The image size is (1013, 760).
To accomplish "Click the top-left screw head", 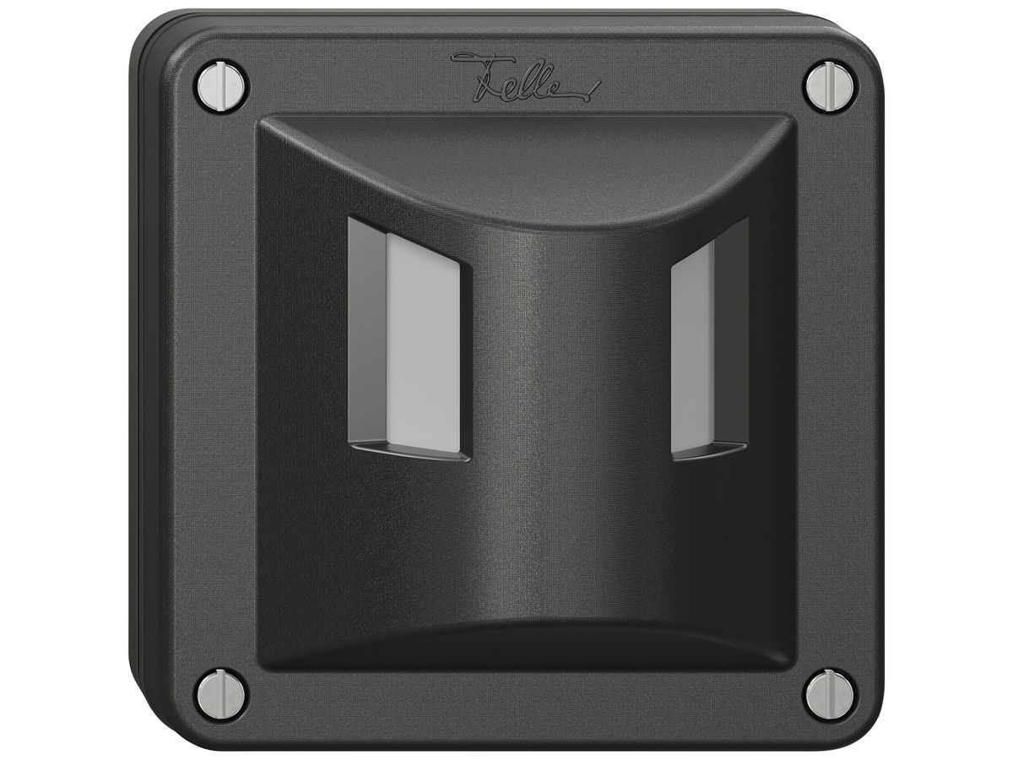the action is pyautogui.click(x=222, y=86).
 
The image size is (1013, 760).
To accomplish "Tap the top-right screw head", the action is pyautogui.click(x=832, y=86).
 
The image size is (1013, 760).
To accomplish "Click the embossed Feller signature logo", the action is pyautogui.click(x=525, y=83).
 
